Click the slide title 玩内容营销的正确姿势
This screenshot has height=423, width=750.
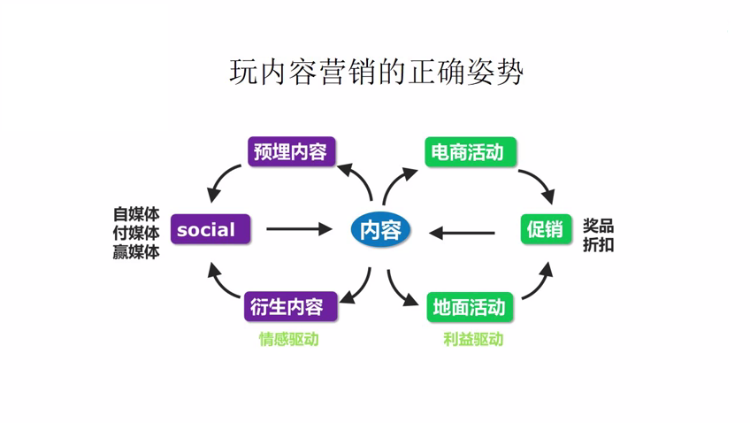[376, 72]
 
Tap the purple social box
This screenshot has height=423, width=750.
[210, 230]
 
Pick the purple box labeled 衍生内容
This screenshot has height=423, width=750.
[286, 307]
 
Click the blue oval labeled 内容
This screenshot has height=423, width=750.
[380, 230]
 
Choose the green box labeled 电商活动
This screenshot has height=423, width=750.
[467, 152]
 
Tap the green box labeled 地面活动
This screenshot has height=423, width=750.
[468, 307]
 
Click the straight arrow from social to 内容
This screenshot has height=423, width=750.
[298, 230]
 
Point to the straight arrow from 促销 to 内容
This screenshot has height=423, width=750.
[463, 233]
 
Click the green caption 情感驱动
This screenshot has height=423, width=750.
[288, 339]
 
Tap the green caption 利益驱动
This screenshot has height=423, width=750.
[472, 339]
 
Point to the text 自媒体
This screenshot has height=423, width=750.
[136, 214]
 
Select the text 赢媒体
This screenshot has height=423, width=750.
[136, 251]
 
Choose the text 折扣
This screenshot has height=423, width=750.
[598, 245]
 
